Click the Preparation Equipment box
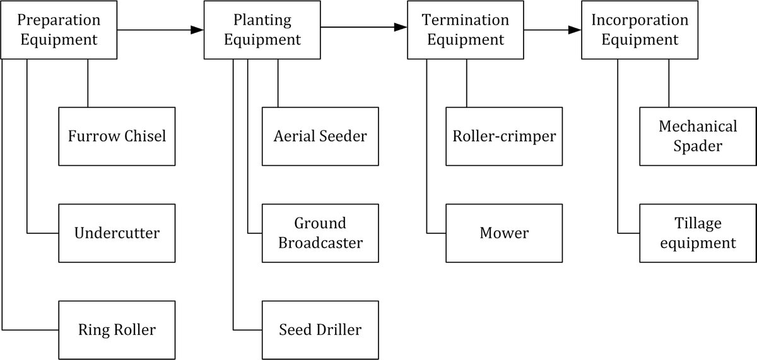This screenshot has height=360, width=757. (59, 30)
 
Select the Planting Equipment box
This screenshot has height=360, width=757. (262, 30)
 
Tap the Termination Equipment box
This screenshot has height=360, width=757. (466, 30)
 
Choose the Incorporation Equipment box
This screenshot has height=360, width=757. (640, 30)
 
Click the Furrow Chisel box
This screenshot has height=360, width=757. (117, 136)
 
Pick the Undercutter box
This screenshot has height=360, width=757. (117, 233)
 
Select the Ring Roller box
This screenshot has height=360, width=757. (117, 330)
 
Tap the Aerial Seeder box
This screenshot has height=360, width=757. (320, 136)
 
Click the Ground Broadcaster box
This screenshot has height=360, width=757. (320, 233)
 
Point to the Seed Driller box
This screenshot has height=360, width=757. (320, 330)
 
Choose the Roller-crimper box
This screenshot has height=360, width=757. (504, 136)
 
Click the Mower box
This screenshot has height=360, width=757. (504, 233)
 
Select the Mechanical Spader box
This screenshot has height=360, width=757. (698, 136)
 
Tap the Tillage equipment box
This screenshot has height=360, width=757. (698, 233)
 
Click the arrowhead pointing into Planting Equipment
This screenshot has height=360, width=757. (197, 30)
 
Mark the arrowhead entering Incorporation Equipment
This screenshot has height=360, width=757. (575, 30)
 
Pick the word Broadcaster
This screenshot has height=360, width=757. (320, 243)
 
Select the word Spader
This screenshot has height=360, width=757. (698, 146)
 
